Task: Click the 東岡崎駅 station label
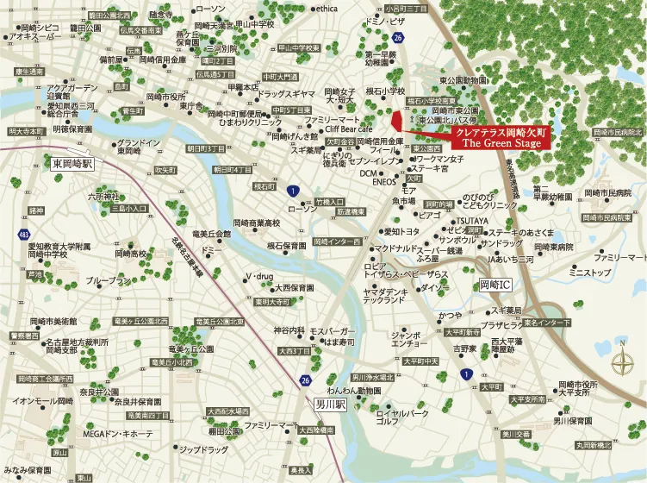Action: tap(72, 162)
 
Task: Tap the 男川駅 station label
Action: tap(328, 403)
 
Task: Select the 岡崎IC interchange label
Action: tap(496, 283)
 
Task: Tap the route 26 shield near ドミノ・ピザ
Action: tap(397, 39)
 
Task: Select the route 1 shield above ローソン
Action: tap(294, 191)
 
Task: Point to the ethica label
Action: tap(327, 9)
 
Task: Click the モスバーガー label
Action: tap(327, 330)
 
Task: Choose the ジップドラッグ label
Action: tap(203, 450)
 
